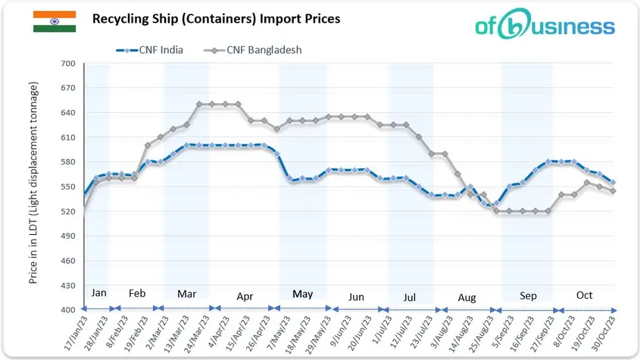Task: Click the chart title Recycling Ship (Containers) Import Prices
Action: [216, 17]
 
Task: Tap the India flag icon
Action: [54, 21]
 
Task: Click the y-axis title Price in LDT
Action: [33, 186]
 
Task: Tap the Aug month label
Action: [467, 298]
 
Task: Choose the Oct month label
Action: [584, 295]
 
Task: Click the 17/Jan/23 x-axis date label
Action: [74, 335]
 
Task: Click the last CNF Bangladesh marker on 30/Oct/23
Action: [613, 191]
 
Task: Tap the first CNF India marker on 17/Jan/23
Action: [84, 195]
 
